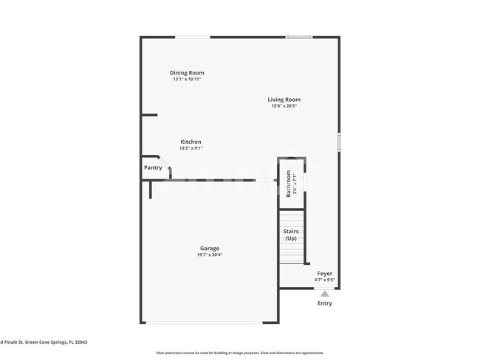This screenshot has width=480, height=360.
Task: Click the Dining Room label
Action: [x=187, y=72]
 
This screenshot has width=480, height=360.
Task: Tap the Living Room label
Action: [x=284, y=100]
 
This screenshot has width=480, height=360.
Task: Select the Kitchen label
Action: [x=191, y=142]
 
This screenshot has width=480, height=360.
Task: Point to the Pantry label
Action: [x=153, y=168]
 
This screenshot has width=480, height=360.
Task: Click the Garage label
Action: [x=209, y=249]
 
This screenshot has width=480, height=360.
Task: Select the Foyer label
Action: [x=325, y=274]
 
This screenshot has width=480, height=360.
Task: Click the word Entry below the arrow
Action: [x=325, y=303]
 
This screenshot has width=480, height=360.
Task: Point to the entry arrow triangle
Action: [x=325, y=293]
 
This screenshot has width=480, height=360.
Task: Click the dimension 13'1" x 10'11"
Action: [x=187, y=79]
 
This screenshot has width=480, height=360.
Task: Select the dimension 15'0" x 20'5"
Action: [x=284, y=106]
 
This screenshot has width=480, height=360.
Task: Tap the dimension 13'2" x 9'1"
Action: [x=191, y=148]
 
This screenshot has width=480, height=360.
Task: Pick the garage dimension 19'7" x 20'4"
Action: [x=209, y=255]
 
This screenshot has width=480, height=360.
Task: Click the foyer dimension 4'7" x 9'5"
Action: [x=325, y=280]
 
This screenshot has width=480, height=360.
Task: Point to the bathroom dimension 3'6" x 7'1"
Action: [x=295, y=184]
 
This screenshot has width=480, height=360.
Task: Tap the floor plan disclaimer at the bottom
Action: [x=239, y=353]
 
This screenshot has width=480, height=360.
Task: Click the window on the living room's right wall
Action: [x=339, y=142]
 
